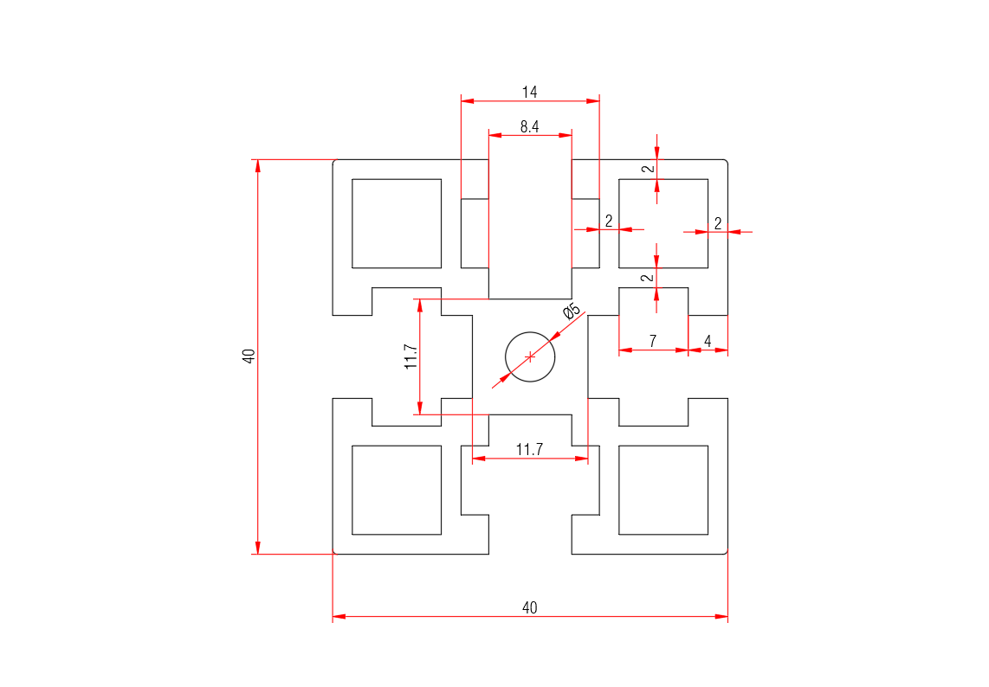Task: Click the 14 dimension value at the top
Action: (x=529, y=91)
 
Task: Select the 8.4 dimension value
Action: (x=529, y=126)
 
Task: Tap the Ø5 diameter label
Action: (x=572, y=311)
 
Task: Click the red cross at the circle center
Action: (x=530, y=356)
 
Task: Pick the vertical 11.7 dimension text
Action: (x=411, y=356)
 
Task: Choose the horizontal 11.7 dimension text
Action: (x=529, y=449)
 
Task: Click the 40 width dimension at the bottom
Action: (x=529, y=607)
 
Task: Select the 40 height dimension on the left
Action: (x=249, y=356)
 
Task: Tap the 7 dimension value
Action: (x=652, y=341)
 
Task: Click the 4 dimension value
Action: (x=708, y=341)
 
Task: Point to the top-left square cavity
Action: (x=397, y=223)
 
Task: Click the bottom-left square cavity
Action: (x=397, y=490)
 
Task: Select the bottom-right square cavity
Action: (x=663, y=490)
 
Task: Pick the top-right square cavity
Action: (x=663, y=223)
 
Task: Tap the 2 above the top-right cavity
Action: (x=647, y=169)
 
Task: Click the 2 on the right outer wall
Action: (x=718, y=223)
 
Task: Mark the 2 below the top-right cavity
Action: (x=647, y=278)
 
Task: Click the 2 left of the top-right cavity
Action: (x=609, y=222)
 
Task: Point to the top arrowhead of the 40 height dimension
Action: (x=257, y=166)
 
